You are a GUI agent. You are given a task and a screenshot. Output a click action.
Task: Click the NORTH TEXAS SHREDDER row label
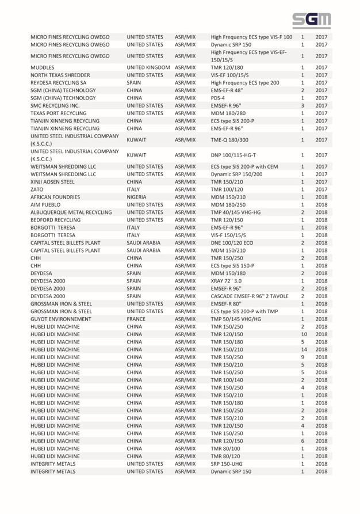(60, 75)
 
